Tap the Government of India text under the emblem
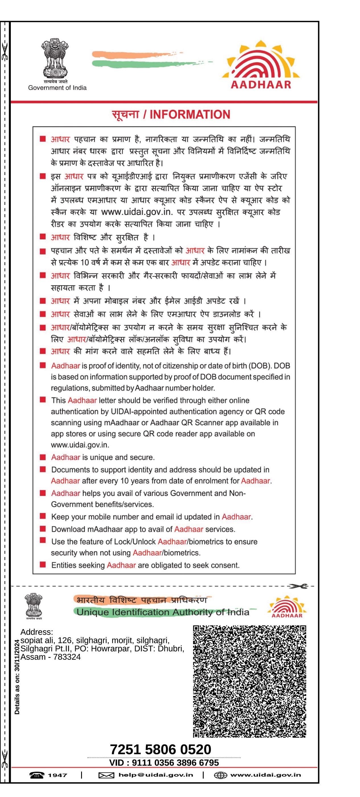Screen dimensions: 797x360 [x=57, y=88]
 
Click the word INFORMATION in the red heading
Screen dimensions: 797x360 [x=190, y=114]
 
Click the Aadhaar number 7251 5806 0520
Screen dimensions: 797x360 [x=161, y=749]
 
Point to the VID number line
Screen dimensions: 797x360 [x=164, y=762]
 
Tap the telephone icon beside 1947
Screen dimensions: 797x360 [x=37, y=775]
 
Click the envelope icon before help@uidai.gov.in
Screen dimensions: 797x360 [x=106, y=775]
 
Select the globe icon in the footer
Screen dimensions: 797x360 [x=220, y=775]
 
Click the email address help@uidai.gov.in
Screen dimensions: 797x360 [x=156, y=775]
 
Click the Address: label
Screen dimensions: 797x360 [x=37, y=632]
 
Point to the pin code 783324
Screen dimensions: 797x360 [x=67, y=657]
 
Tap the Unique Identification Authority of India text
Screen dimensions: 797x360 [x=163, y=612]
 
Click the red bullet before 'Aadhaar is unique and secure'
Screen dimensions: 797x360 [x=43, y=457]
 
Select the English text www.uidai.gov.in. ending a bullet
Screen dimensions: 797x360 [x=80, y=445]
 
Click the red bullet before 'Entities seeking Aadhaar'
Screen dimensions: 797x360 [x=43, y=565]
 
